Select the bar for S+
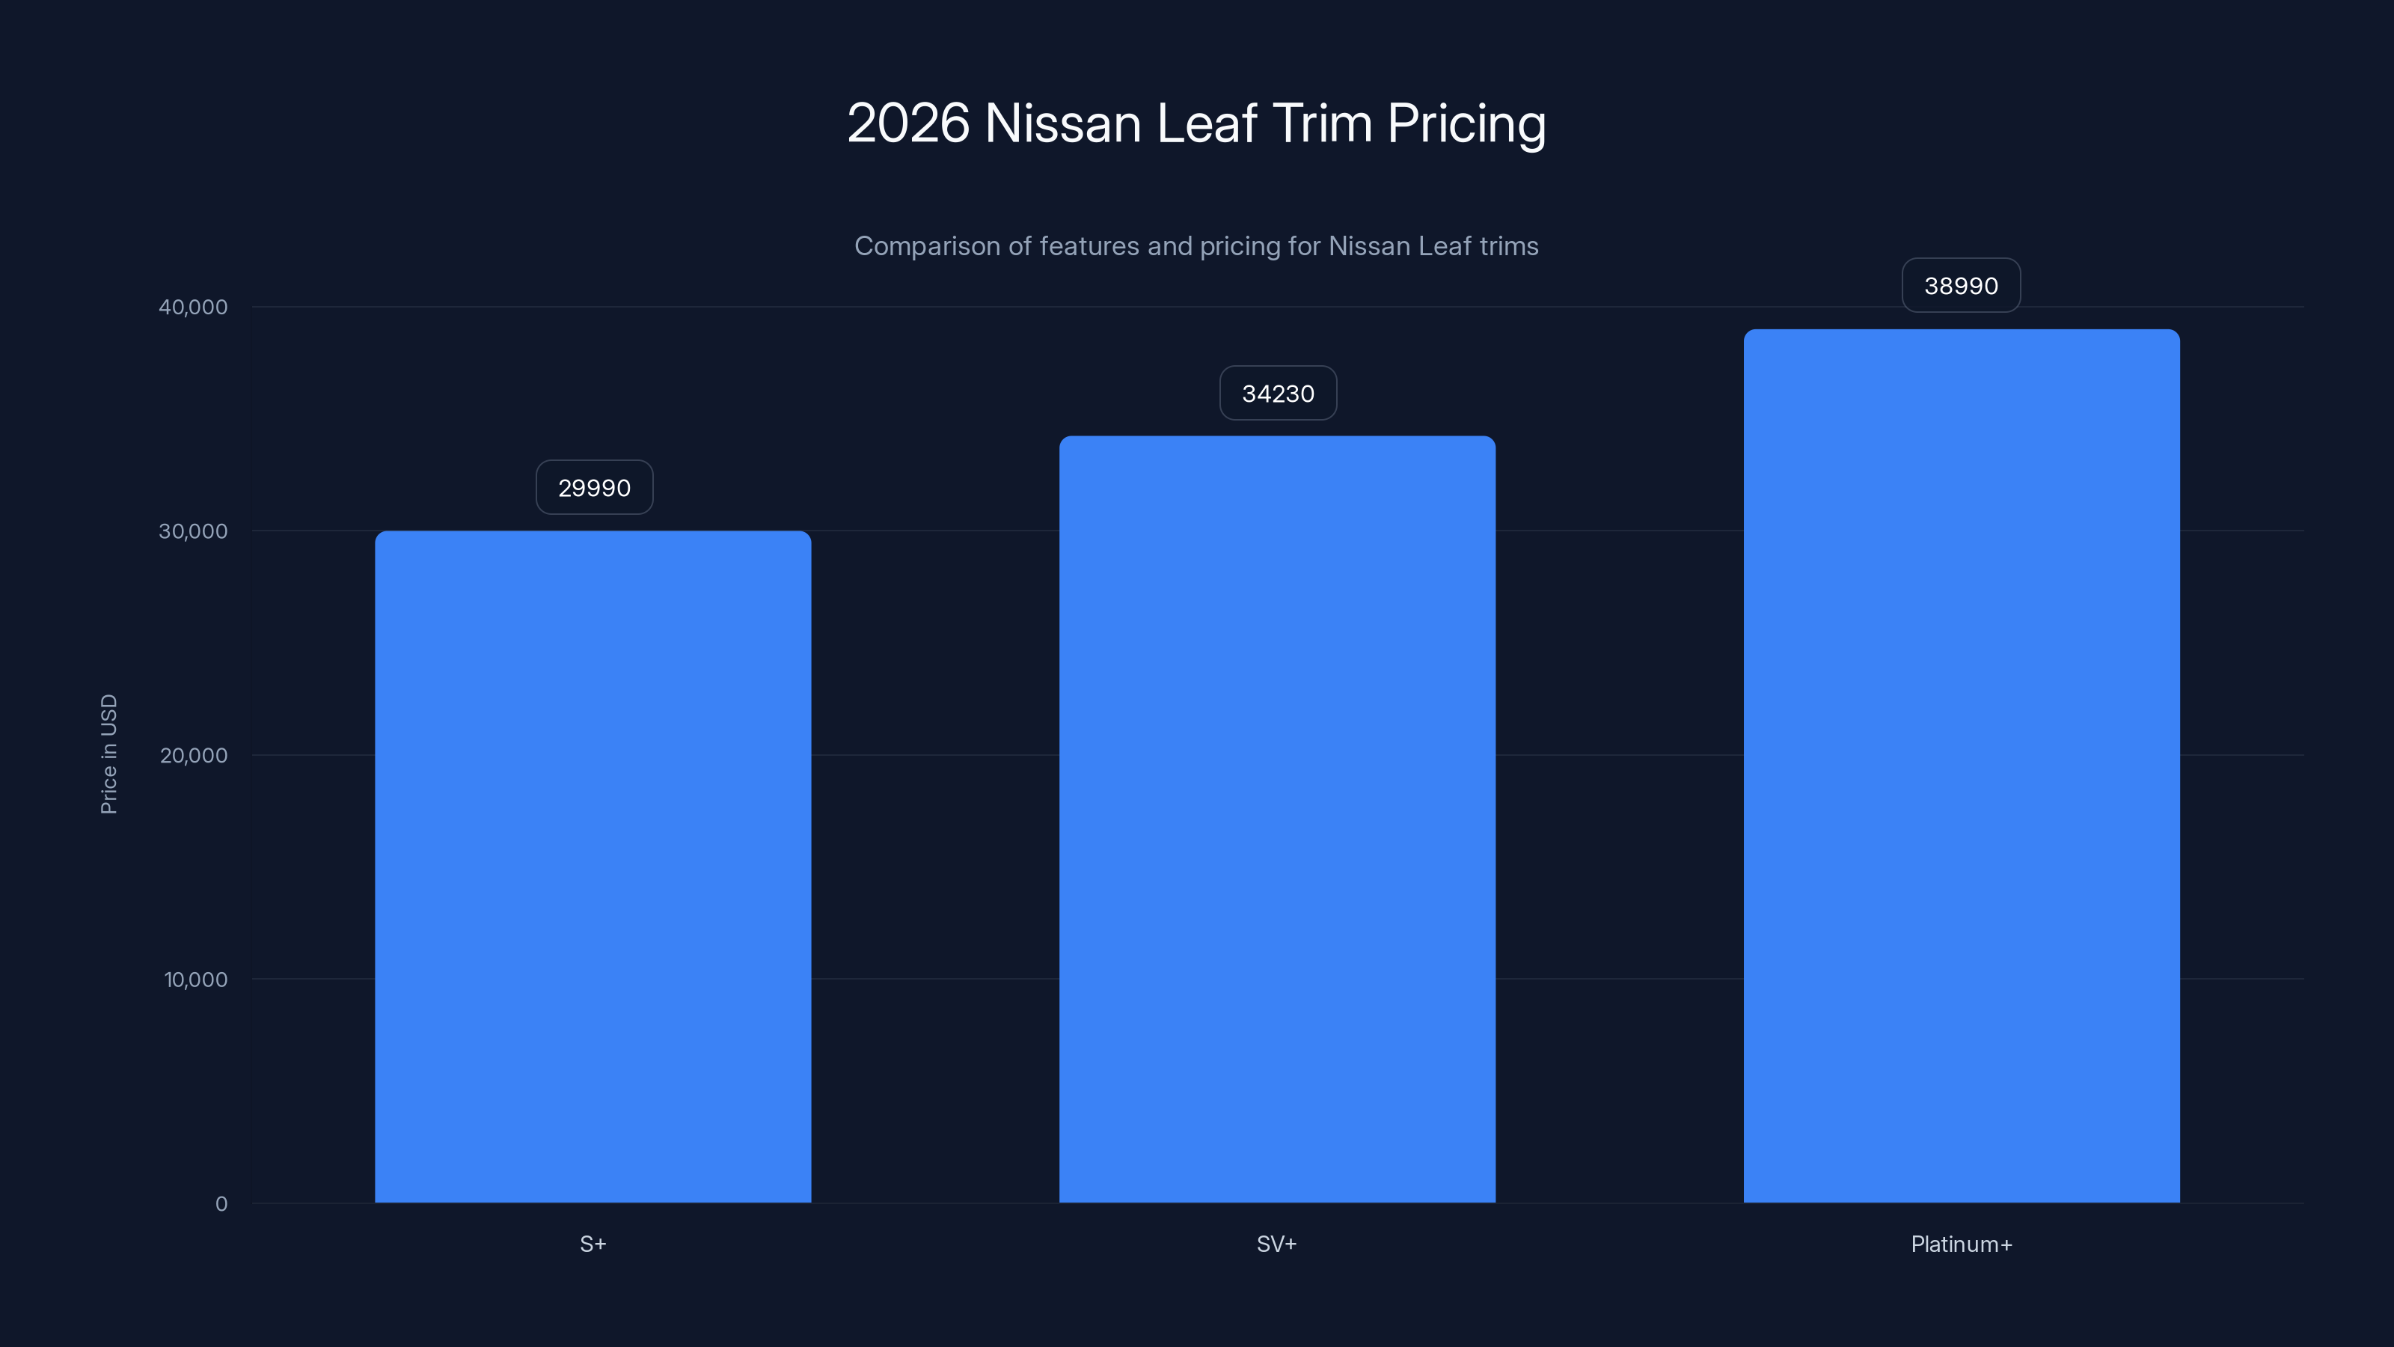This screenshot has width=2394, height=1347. tap(593, 867)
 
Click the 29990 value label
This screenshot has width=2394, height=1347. tap(594, 488)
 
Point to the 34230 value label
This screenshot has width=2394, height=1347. tap(1278, 393)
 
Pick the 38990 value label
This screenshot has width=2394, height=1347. tap(1961, 285)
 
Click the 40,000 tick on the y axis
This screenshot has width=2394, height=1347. tap(193, 307)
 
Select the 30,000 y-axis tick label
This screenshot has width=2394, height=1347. tap(193, 531)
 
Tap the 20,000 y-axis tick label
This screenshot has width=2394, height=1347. tap(193, 755)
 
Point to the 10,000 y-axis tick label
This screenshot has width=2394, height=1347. tap(195, 979)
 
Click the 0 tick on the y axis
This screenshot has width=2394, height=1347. tap(221, 1204)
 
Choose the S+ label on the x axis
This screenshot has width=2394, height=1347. tap(593, 1244)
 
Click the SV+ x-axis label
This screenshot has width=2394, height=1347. tap(1277, 1244)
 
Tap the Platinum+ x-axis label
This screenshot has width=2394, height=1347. tap(1961, 1244)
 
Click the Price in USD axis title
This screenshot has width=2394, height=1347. tap(108, 754)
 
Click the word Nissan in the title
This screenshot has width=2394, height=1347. tap(1062, 123)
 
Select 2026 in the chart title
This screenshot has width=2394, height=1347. tap(908, 123)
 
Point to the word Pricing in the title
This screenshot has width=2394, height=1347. tap(1466, 123)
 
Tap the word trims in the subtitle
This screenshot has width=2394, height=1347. tap(1508, 246)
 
